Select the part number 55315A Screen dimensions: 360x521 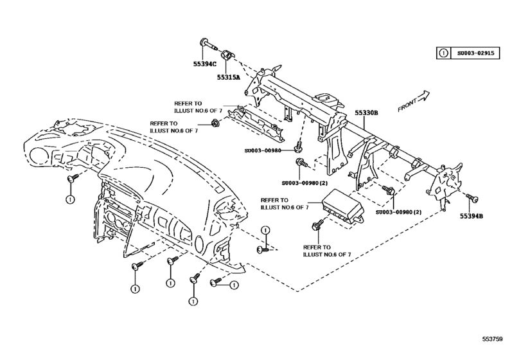point(227,77)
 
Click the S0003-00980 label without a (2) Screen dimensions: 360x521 point(263,152)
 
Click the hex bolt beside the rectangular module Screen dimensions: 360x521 point(317,226)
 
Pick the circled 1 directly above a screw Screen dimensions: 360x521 point(264,231)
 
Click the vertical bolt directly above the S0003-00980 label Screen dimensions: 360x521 point(299,145)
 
